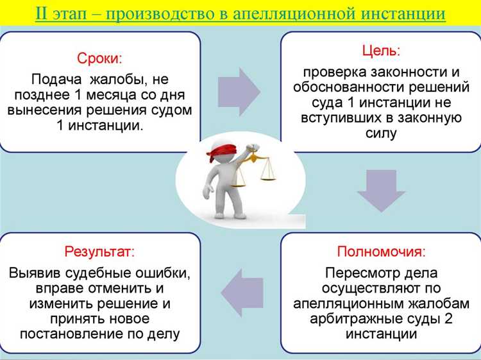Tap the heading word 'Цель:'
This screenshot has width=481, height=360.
point(381,49)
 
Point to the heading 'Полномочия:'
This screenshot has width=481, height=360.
point(381,250)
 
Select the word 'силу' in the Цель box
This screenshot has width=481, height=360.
point(381,134)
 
